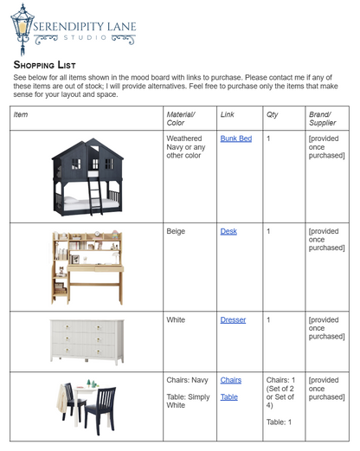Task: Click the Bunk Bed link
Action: tap(235, 139)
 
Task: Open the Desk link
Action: tap(228, 232)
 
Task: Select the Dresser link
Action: tap(233, 320)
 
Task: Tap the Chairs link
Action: tap(230, 380)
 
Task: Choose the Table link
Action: tap(228, 396)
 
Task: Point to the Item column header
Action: tap(21, 114)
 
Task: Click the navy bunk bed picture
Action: tap(86, 177)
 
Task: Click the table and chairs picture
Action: tap(87, 404)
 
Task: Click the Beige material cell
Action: tap(176, 232)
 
